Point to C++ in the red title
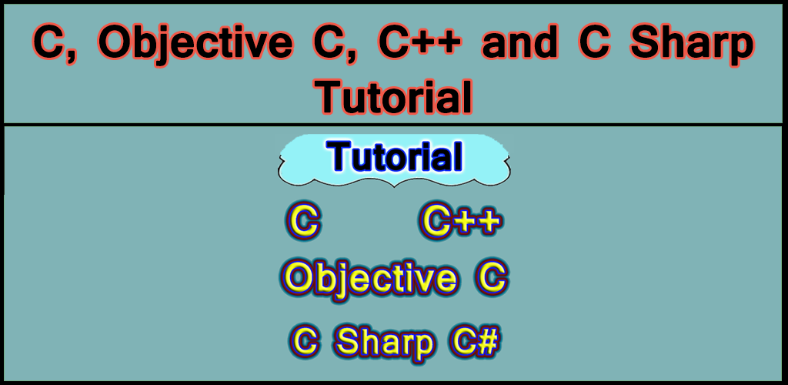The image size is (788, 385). tap(420, 45)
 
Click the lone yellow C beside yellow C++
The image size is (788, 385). tap(303, 223)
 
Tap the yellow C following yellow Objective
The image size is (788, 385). tap(491, 278)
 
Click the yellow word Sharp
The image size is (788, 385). tap(386, 343)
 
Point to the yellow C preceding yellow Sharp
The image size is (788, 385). tap(306, 341)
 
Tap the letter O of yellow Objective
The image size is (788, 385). tap(297, 278)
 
